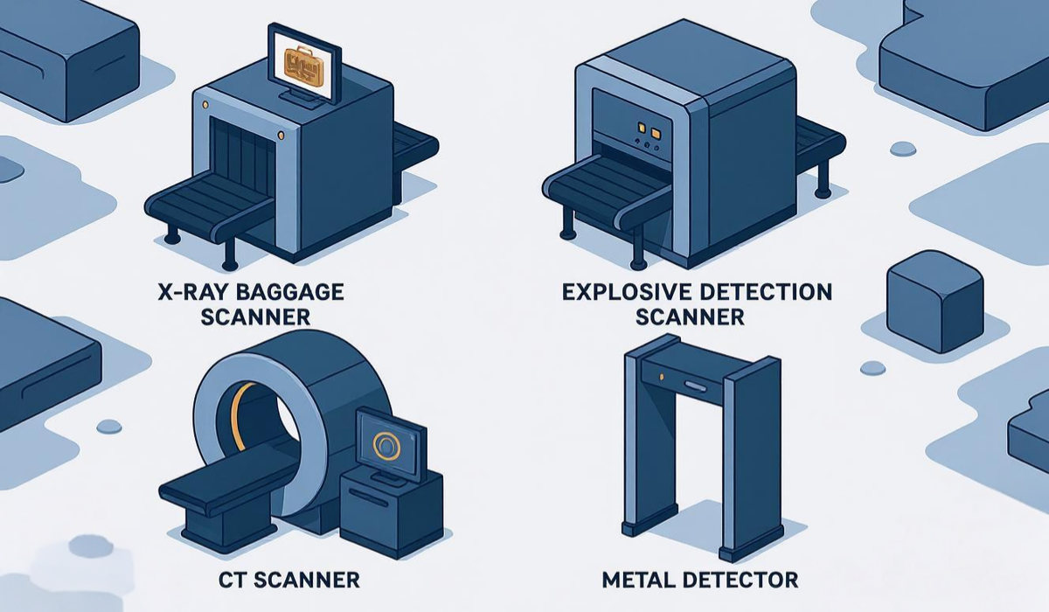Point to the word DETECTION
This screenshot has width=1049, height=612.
coord(760,292)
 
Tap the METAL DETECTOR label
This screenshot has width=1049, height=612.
coord(699,579)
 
